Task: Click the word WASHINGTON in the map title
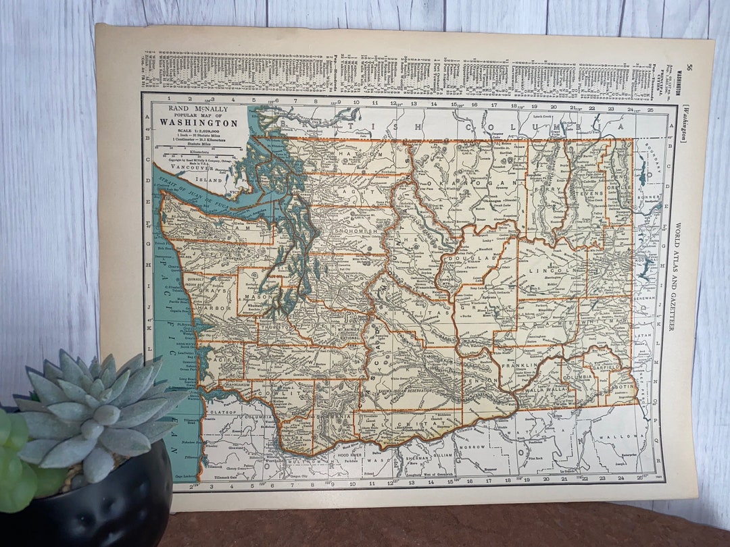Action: [199, 123]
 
